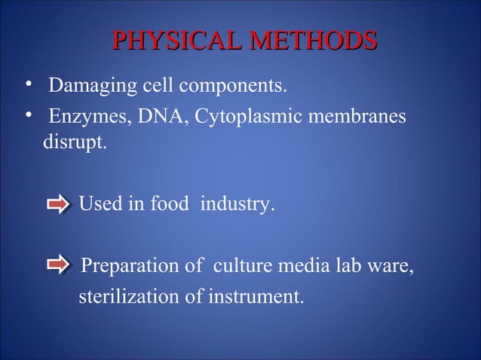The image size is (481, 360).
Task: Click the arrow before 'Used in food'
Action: [58, 204]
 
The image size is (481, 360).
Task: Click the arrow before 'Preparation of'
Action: [58, 267]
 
